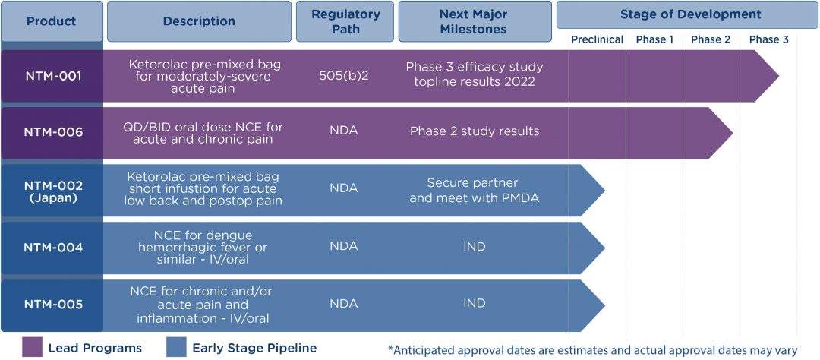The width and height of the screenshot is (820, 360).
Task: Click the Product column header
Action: tap(52, 21)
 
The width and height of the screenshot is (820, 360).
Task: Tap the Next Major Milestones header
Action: tap(474, 21)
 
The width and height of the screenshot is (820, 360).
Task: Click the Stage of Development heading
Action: tap(690, 14)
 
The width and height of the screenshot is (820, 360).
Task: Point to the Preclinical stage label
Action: tap(597, 39)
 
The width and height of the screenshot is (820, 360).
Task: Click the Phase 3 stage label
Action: tap(768, 39)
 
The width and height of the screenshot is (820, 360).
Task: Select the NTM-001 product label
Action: tap(52, 76)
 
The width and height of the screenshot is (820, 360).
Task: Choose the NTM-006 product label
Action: tap(52, 132)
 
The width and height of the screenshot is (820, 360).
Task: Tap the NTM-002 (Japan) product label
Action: tap(52, 190)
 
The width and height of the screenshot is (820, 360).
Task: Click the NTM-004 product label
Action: tap(52, 247)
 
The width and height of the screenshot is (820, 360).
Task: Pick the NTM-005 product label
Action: tap(52, 305)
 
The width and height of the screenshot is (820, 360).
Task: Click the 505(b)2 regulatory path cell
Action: tap(344, 76)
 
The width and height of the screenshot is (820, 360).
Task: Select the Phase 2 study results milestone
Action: tap(474, 131)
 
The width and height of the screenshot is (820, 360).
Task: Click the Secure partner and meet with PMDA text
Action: tap(474, 190)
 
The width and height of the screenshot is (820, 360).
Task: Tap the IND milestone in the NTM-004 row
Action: tap(474, 247)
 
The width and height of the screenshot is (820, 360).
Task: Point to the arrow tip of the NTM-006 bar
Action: tap(728, 133)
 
